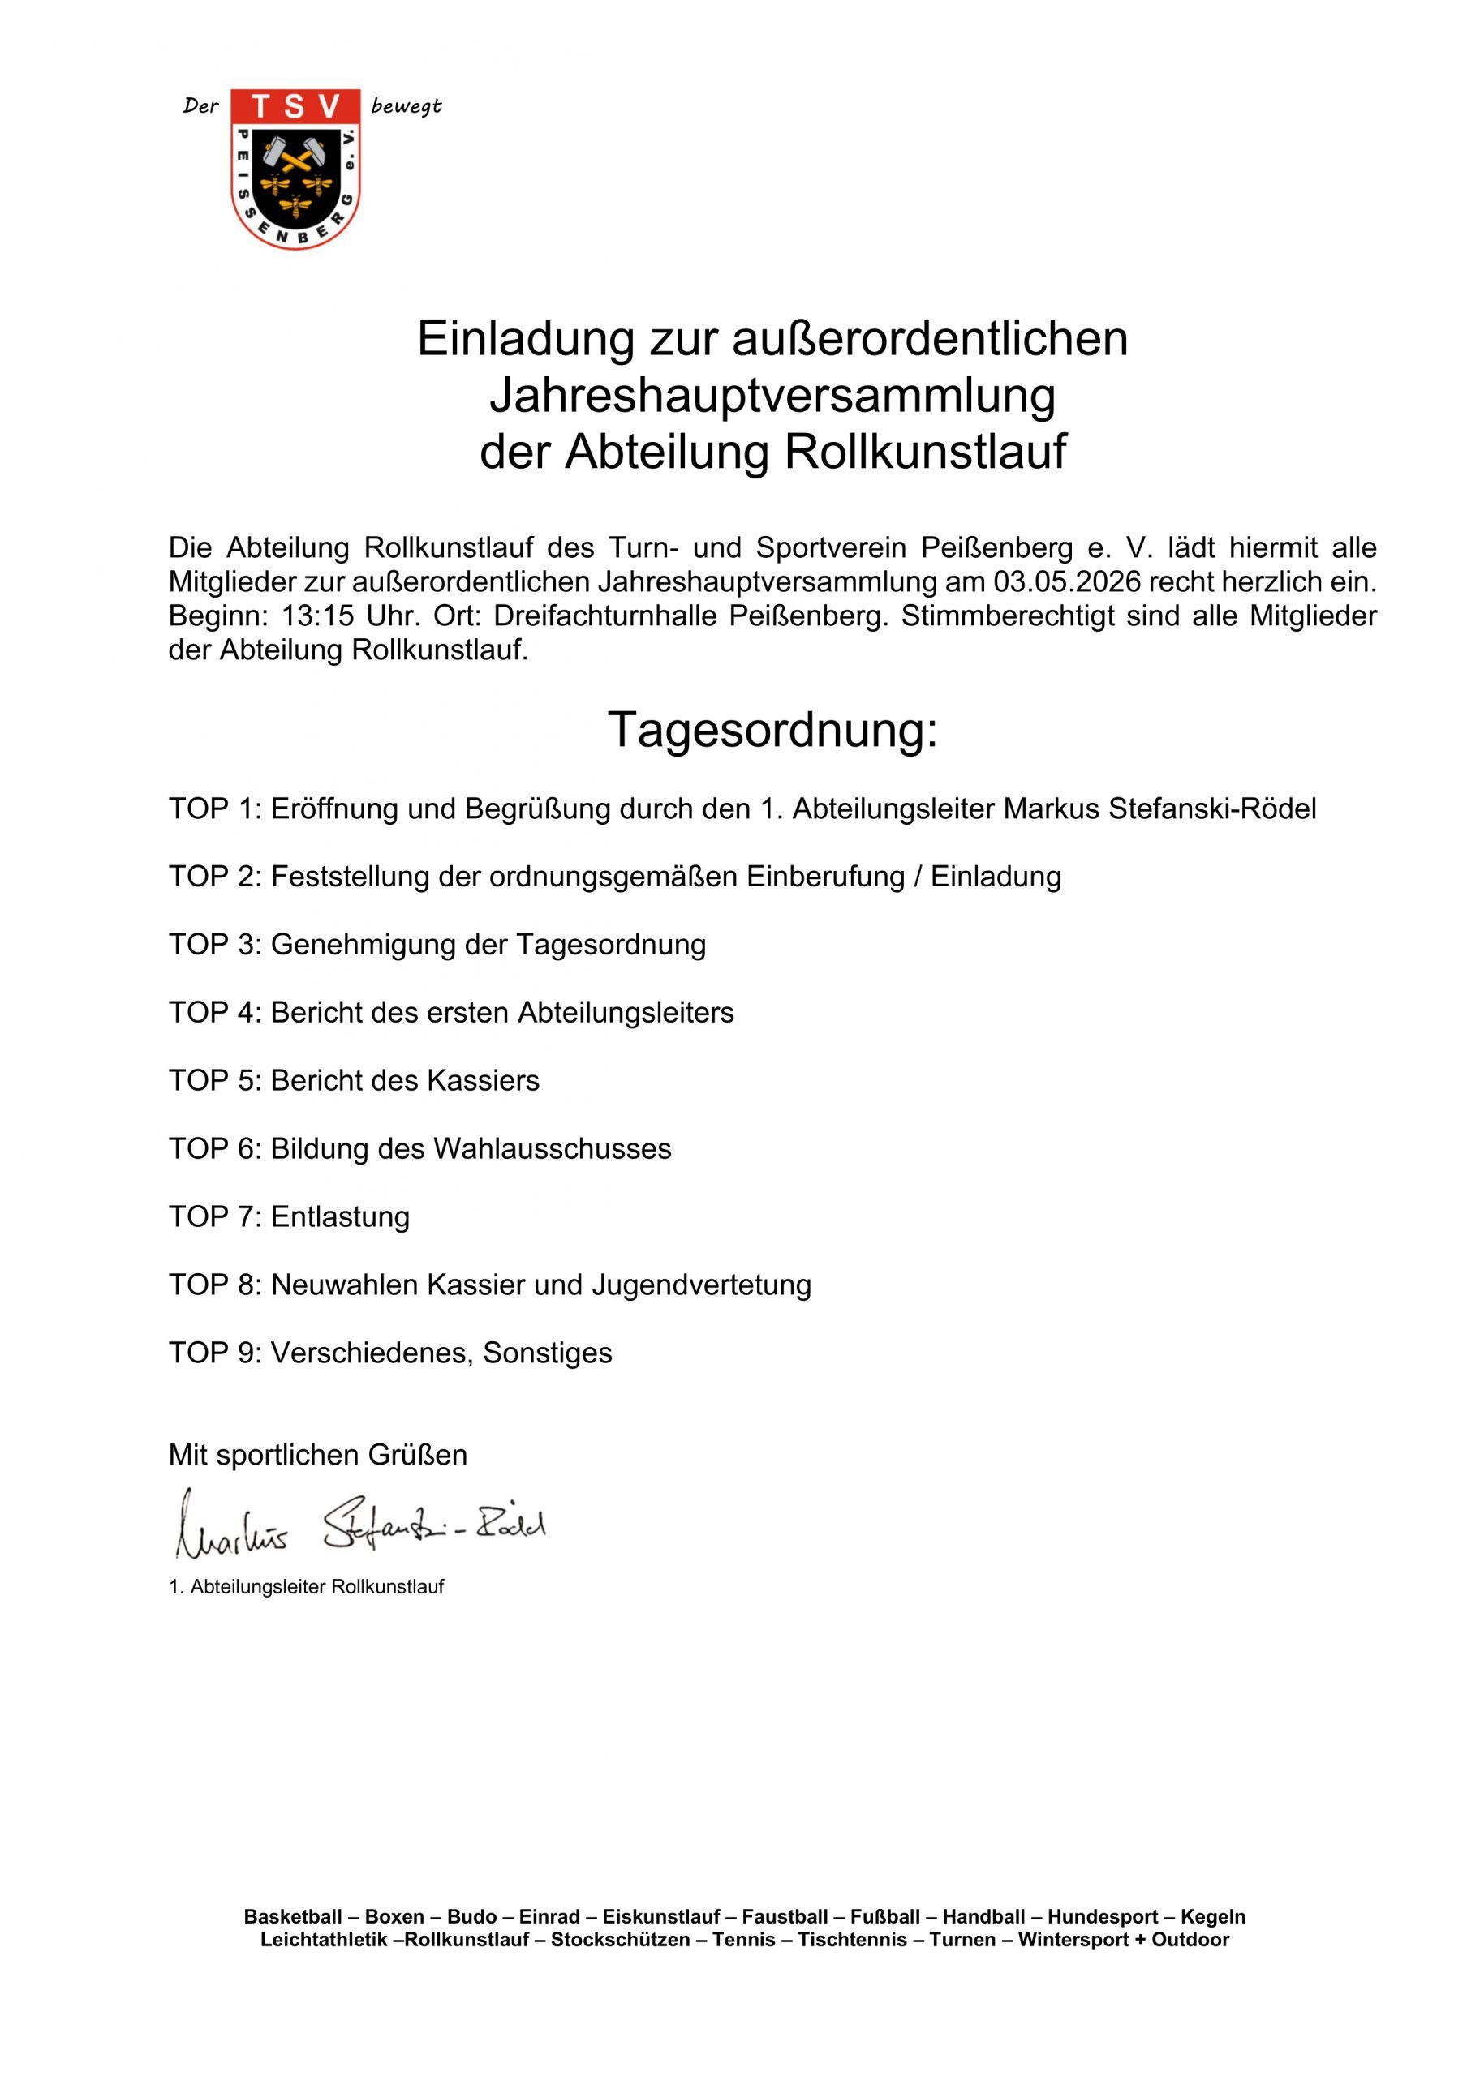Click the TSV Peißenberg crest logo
295,169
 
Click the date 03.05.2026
1067,581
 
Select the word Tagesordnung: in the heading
772,730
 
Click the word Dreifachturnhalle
606,616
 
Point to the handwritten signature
360,1525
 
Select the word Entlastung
340,1217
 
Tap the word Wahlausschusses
553,1148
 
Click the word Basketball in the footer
293,1917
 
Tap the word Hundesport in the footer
1103,1917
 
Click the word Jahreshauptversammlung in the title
772,395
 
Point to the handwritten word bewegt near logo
406,107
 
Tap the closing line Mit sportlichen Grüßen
317,1455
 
